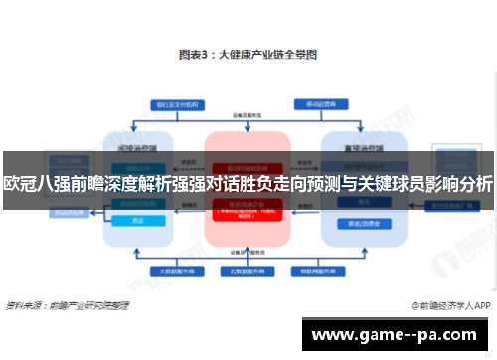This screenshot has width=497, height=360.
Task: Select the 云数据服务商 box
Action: tap(243, 270)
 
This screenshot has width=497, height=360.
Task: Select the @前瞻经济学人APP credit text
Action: tap(448, 307)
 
